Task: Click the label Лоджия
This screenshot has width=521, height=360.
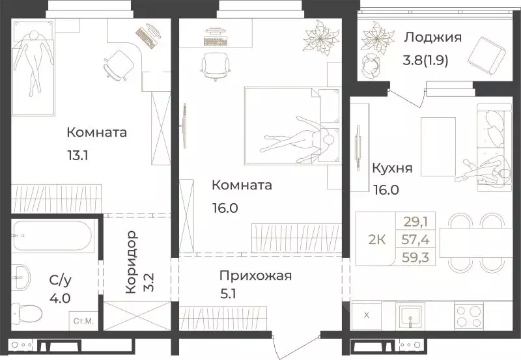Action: tap(432, 37)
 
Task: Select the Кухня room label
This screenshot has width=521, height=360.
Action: tap(391, 168)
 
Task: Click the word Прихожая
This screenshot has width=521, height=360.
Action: tap(255, 275)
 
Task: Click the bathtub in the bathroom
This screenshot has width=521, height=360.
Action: tap(53, 237)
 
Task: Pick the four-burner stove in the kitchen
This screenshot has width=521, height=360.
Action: tap(468, 315)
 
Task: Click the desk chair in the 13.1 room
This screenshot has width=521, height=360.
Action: tap(118, 62)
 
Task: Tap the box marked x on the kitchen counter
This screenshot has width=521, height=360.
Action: tap(366, 316)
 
